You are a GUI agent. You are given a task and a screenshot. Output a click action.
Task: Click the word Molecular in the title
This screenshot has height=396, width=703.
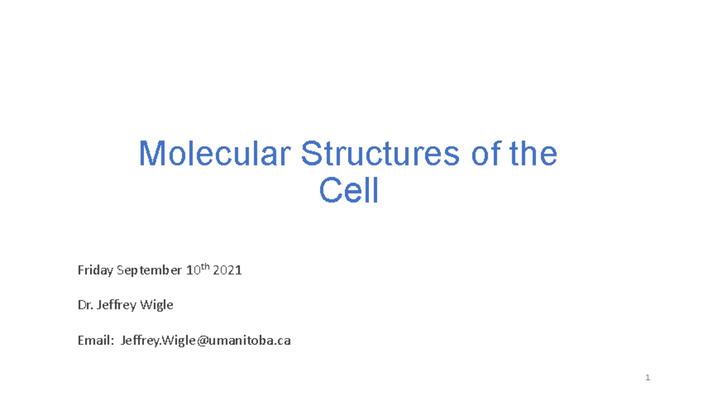click(214, 153)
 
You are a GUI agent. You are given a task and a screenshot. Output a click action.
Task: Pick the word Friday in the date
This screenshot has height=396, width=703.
click(95, 271)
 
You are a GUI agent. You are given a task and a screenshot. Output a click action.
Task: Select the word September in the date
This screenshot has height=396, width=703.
click(149, 271)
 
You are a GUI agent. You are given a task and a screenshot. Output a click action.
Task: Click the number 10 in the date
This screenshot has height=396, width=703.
click(192, 271)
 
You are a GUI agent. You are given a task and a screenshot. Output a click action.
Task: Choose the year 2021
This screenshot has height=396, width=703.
click(227, 271)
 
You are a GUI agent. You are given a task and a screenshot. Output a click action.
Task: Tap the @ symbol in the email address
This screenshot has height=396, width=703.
click(202, 340)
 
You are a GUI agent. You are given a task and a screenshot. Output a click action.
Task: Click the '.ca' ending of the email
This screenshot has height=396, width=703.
click(282, 340)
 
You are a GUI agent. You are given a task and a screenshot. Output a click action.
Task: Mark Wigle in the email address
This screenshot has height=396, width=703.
click(178, 340)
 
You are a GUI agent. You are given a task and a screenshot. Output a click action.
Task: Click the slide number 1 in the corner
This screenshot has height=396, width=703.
click(648, 378)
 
